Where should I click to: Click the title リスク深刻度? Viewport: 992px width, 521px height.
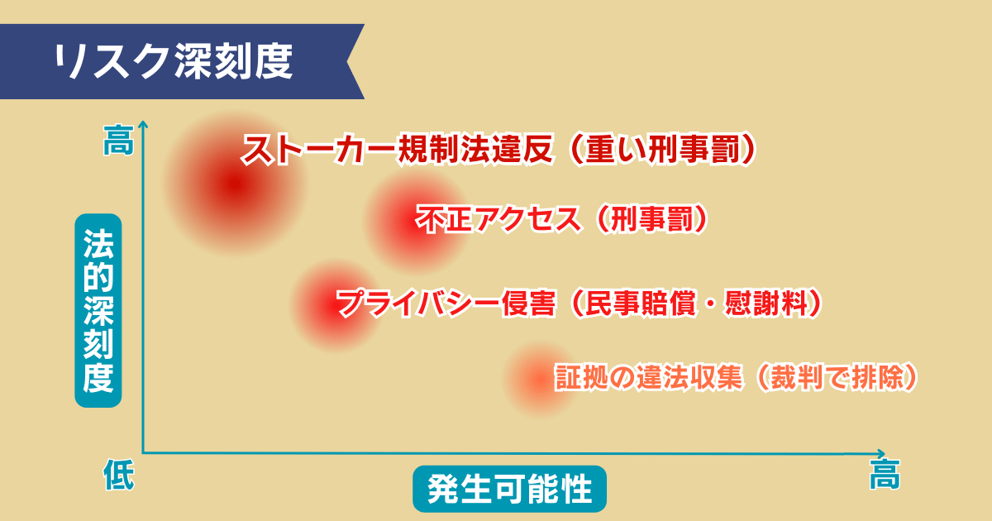coord(174,62)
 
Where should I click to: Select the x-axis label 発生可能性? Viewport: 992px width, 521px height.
coord(509,490)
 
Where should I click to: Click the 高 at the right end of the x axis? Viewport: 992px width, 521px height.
coord(885,476)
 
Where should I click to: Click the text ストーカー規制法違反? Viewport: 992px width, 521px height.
coord(396,151)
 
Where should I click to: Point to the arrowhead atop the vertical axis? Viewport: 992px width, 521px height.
coord(143,125)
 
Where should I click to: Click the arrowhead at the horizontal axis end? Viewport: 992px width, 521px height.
coord(882,453)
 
